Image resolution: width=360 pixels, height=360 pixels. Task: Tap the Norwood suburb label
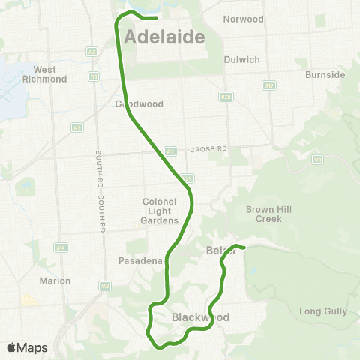tap(244, 19)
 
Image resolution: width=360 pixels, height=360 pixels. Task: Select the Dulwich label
tap(241, 59)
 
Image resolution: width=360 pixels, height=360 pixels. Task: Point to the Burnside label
tap(325, 75)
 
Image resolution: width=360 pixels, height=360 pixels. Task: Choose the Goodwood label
tap(133, 105)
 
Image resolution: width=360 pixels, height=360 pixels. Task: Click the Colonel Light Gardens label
tap(160, 211)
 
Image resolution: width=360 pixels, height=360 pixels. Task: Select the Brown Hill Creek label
tap(263, 214)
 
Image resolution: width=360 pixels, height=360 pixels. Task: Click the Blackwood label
tap(200, 317)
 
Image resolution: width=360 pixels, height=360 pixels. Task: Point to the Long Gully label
tap(320, 310)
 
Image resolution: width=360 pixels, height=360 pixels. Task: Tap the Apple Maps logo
tap(27, 346)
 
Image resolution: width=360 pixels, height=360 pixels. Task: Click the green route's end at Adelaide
tap(156, 17)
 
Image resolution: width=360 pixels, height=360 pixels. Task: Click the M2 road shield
tap(105, 285)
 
